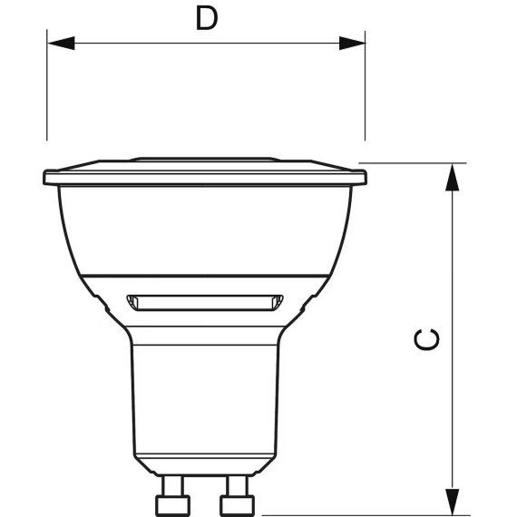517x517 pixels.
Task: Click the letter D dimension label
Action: [207, 18]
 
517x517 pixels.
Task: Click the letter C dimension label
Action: [426, 339]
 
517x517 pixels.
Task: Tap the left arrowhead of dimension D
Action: [61, 43]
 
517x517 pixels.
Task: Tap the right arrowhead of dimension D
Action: [352, 43]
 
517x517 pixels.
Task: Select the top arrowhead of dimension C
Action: [452, 177]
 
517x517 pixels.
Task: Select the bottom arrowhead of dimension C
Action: [452, 502]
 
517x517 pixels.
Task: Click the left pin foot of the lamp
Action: [172, 505]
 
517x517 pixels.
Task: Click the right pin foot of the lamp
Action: [237, 505]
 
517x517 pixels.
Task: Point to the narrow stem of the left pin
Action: [172, 485]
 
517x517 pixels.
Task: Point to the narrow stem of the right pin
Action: [237, 485]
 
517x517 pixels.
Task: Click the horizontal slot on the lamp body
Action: [205, 303]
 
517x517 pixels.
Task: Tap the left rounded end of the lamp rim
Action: [45, 178]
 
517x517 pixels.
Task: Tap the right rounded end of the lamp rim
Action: [365, 178]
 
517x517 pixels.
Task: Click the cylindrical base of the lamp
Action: [205, 399]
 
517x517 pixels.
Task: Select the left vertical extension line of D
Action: [47, 85]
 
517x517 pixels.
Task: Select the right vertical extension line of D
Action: [365, 86]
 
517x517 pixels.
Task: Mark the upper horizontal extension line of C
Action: [413, 163]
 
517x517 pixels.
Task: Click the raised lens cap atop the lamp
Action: [205, 160]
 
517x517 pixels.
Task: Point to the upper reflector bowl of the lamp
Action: [205, 230]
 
